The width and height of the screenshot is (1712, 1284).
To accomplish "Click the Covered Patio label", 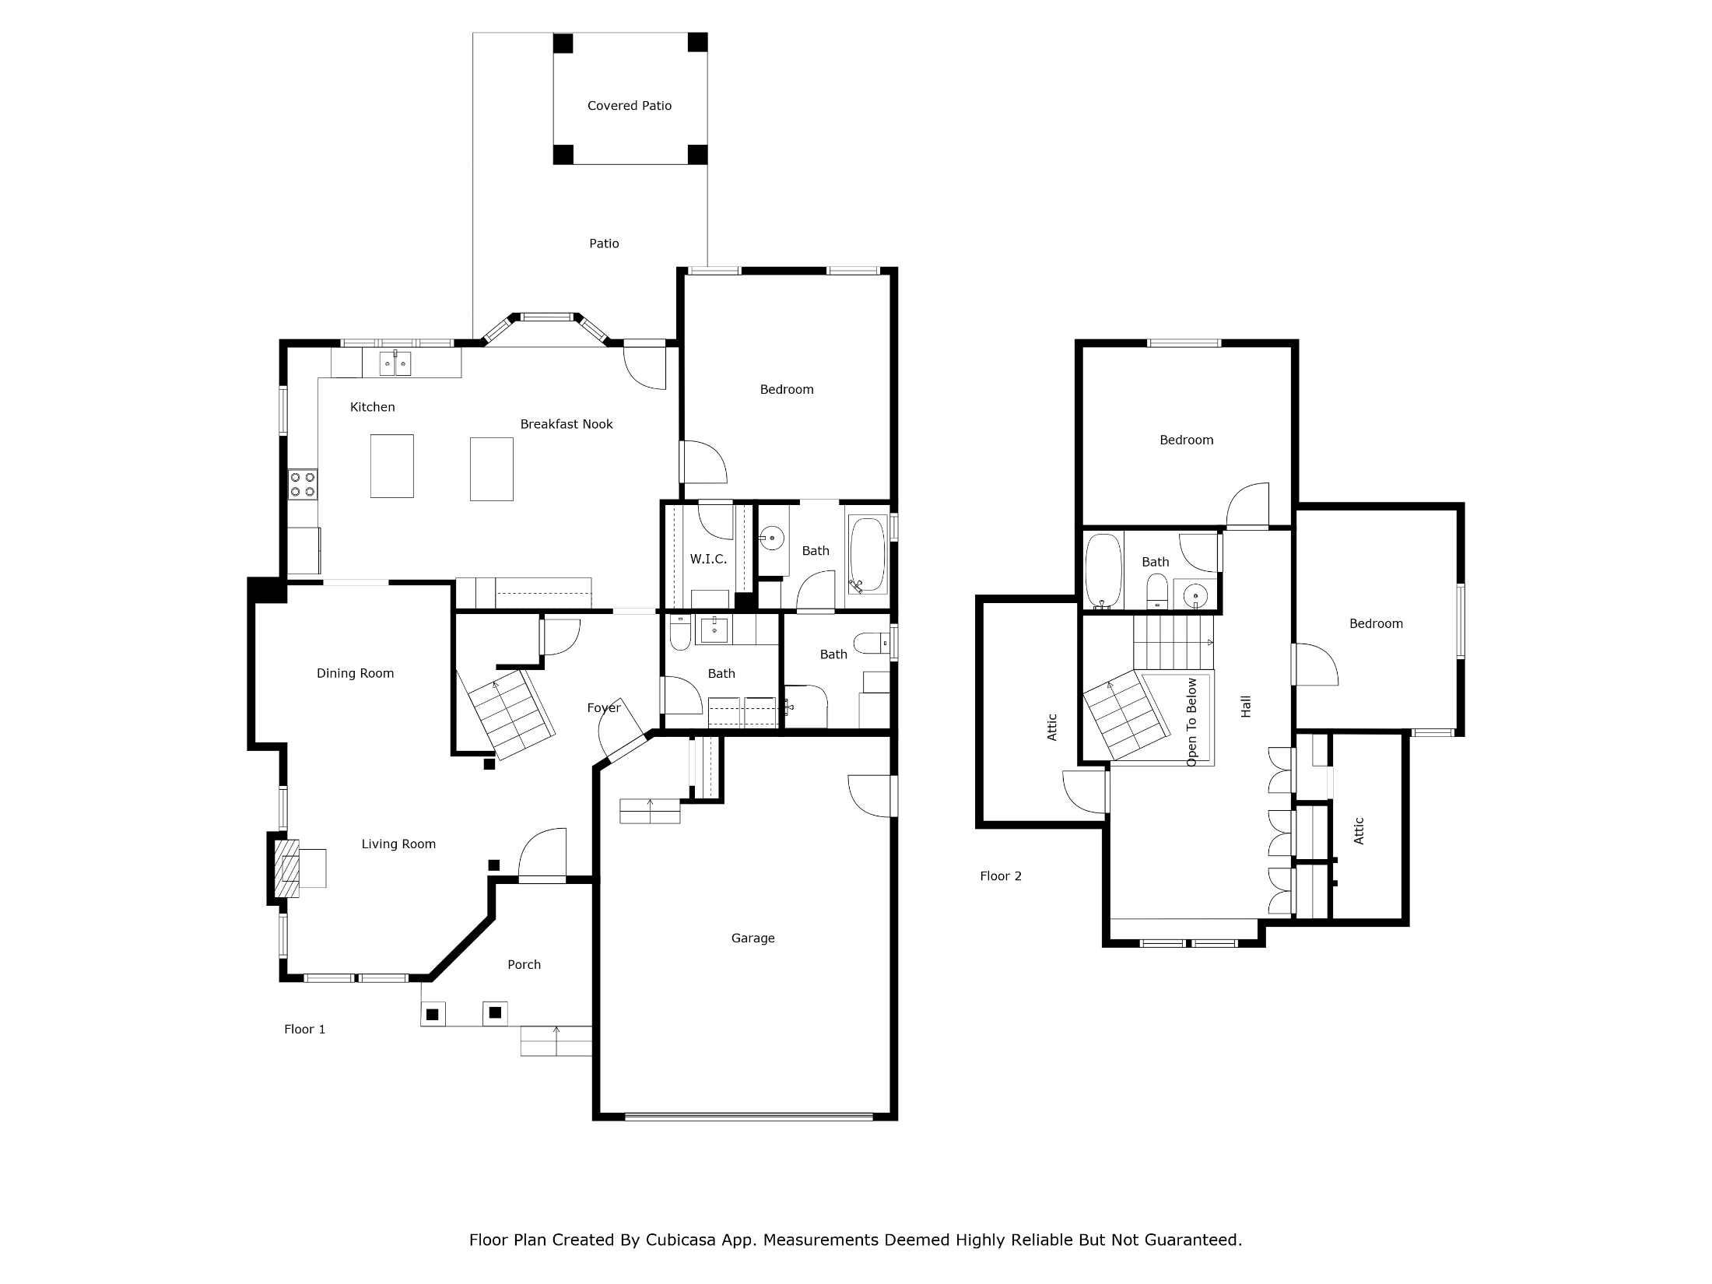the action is (629, 106).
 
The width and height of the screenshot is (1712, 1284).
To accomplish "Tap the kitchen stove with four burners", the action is (303, 484).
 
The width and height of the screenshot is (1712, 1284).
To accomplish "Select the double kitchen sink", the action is (395, 363).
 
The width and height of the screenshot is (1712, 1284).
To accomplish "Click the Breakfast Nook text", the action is (567, 424).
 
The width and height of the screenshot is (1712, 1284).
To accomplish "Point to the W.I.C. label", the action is (708, 559).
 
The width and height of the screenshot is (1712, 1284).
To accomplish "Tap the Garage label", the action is (753, 938).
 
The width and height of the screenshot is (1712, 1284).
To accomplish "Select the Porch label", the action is (524, 965).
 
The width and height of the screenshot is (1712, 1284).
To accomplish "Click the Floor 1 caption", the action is (304, 1030).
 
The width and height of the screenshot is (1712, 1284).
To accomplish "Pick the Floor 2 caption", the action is (1000, 876).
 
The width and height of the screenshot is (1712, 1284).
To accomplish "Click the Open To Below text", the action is (1191, 722).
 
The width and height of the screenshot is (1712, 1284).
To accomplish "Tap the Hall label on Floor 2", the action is (1246, 707).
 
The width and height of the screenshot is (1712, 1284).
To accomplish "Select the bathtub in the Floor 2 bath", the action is (1103, 570).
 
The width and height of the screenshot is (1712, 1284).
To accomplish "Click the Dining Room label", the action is (355, 674).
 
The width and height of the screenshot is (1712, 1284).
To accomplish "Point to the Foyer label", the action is (604, 708).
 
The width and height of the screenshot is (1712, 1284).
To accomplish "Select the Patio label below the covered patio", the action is (604, 244).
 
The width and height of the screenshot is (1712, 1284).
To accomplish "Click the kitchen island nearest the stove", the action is (391, 465).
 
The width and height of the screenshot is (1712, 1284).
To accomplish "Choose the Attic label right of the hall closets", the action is (1359, 830).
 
